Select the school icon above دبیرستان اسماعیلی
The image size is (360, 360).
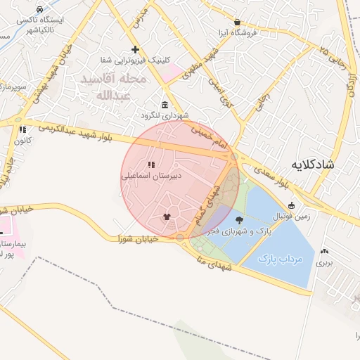(x=151, y=165)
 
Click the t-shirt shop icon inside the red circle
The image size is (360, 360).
(x=167, y=217)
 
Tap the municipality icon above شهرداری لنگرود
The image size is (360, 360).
(x=165, y=104)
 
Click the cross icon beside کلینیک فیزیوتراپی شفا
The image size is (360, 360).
(x=135, y=49)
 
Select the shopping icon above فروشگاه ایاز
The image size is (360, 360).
(x=237, y=22)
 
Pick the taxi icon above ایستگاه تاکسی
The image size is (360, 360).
(x=39, y=9)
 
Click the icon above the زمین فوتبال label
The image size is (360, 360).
(x=291, y=205)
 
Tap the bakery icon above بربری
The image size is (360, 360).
(x=323, y=251)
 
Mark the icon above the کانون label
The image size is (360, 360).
(x=22, y=129)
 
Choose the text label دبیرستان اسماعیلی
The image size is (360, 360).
(x=151, y=176)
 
